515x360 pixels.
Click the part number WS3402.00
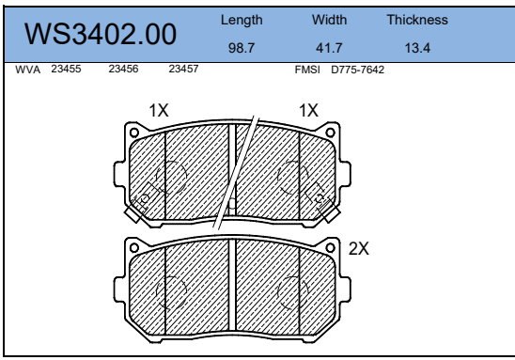(x=101, y=34)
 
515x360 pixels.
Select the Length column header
(x=242, y=21)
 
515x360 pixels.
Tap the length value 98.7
(x=242, y=48)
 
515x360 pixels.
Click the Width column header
(x=329, y=20)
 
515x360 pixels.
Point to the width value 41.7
(x=329, y=48)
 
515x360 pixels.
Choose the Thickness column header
(x=417, y=20)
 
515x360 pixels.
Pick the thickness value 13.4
(x=417, y=48)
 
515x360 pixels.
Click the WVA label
(x=28, y=70)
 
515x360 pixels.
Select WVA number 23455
(x=66, y=69)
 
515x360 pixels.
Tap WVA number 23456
(x=123, y=69)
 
